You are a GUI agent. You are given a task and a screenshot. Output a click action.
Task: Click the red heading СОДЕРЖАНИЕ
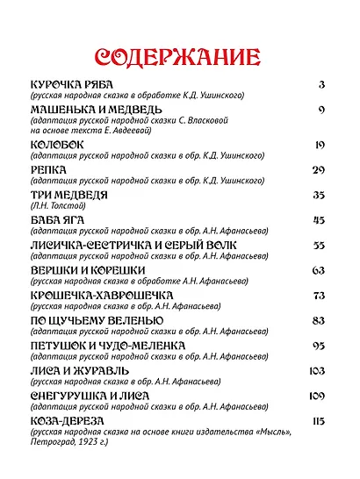[x=176, y=59]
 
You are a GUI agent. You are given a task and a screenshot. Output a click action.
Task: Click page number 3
[x=322, y=84]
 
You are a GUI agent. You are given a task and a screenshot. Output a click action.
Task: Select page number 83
[x=319, y=321]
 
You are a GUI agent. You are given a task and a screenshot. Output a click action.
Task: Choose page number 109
[x=317, y=397]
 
